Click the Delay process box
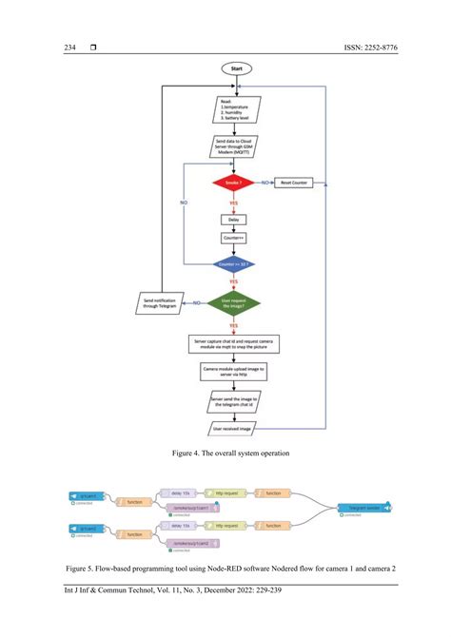(233, 220)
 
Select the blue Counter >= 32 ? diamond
(233, 262)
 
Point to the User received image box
(233, 430)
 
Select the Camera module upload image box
(233, 371)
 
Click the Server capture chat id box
(233, 342)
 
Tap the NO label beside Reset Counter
(265, 181)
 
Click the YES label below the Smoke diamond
(233, 203)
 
